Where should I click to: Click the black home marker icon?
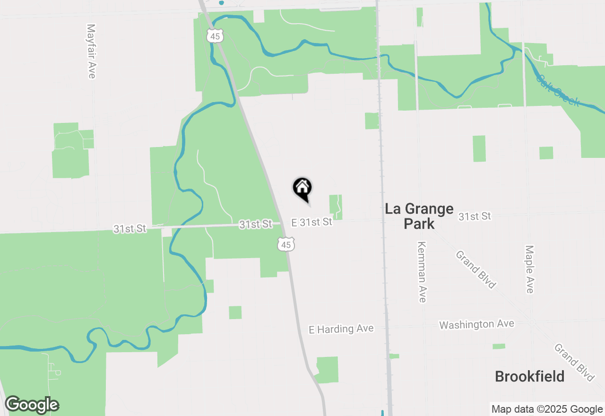click(302, 188)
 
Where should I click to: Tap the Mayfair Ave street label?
click(91, 51)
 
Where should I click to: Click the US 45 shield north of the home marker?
click(215, 35)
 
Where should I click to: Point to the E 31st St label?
click(311, 222)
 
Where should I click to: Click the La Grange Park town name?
click(419, 216)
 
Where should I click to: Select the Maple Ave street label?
click(529, 269)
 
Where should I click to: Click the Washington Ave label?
click(476, 324)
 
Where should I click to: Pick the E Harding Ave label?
click(341, 329)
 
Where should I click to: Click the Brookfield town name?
click(529, 376)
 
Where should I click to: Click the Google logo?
click(32, 405)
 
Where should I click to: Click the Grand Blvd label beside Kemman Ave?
click(476, 269)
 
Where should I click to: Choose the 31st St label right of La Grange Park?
click(475, 217)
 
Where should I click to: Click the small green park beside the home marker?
click(336, 207)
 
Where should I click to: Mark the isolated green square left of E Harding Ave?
click(235, 312)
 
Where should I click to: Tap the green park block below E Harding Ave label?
click(327, 370)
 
